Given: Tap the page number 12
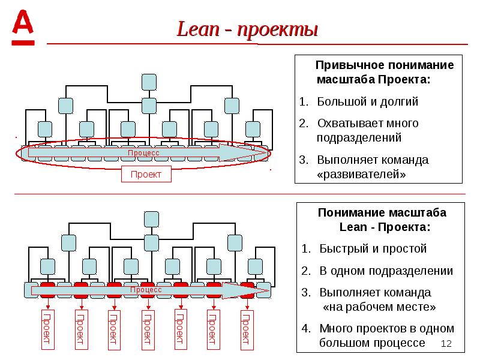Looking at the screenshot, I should coord(446,343).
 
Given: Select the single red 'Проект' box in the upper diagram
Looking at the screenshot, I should coord(146,175).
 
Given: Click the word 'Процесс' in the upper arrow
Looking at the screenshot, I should coord(143,153).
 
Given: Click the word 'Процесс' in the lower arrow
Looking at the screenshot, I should coord(146,289).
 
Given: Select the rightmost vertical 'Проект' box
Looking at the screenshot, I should coord(245,329).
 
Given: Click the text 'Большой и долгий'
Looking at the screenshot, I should coord(368,101).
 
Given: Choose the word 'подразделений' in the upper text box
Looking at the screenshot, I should coord(359,137).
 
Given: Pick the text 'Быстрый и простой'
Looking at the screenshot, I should coord(372,248).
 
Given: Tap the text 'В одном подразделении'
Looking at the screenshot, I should coord(386,271).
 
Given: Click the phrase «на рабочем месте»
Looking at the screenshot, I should coord(379,307).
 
